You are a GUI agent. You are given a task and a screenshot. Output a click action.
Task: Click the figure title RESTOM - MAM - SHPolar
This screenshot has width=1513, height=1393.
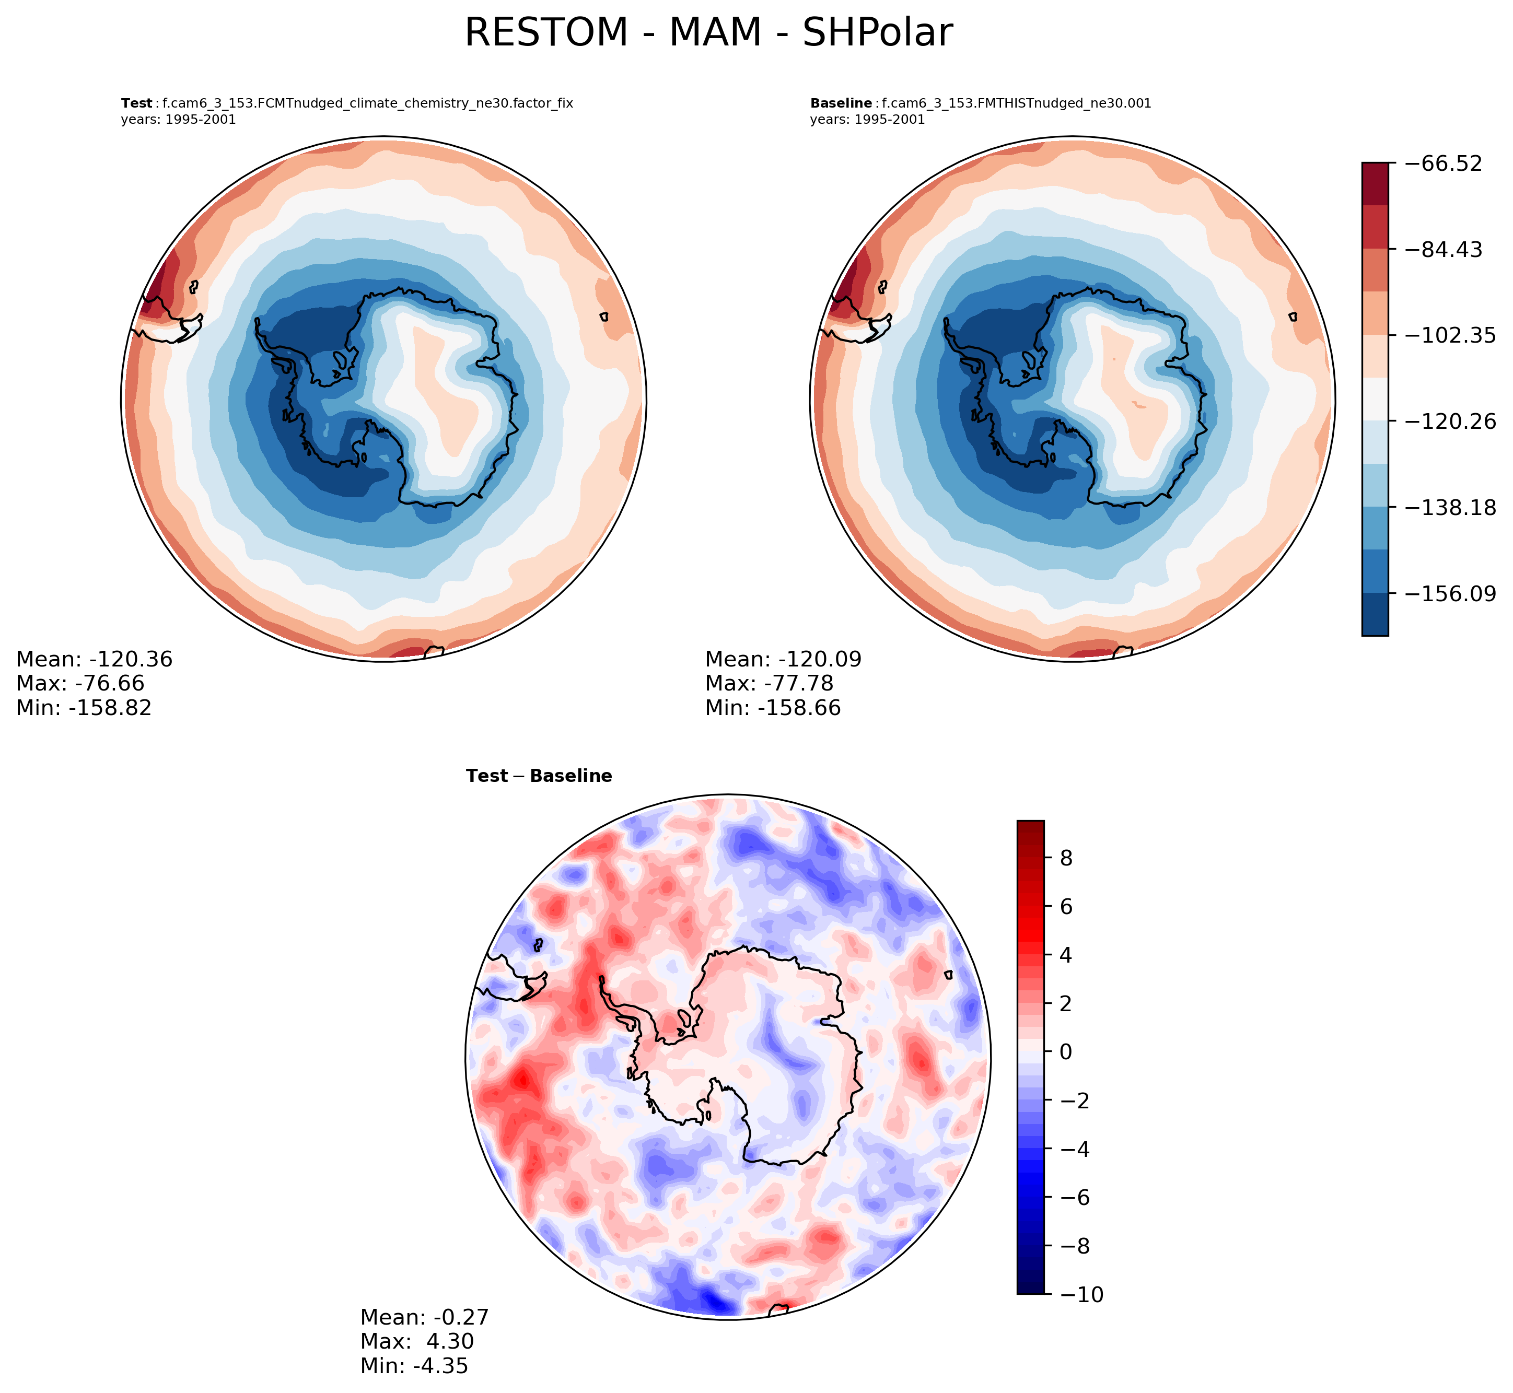(x=708, y=33)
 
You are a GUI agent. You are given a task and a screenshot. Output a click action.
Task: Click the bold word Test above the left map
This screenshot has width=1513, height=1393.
(x=136, y=103)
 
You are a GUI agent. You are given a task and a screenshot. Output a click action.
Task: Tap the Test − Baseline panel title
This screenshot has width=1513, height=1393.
(x=539, y=776)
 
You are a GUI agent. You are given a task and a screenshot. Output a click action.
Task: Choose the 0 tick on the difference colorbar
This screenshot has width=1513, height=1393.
(x=1066, y=1052)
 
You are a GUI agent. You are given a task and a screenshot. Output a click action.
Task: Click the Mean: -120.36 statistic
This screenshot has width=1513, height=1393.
(x=94, y=660)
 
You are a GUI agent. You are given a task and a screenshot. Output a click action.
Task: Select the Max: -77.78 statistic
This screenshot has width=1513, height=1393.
(x=769, y=684)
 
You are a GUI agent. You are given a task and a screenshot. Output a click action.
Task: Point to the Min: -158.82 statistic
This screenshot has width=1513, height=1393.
(x=84, y=708)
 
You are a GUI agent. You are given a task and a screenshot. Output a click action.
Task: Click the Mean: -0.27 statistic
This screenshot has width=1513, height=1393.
(x=424, y=1317)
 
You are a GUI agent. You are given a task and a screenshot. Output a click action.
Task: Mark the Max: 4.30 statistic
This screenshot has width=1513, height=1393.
(x=417, y=1341)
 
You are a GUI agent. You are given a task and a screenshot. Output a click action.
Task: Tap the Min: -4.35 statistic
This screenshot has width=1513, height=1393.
(x=414, y=1365)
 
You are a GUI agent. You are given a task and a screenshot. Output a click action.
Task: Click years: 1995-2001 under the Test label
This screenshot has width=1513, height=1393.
(x=178, y=120)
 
